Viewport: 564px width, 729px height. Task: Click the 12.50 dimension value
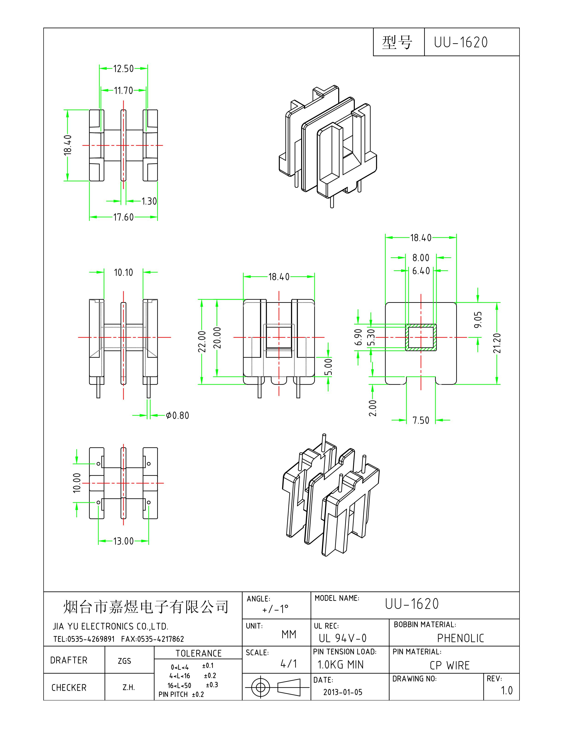coord(123,69)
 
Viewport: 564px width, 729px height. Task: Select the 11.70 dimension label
coord(123,90)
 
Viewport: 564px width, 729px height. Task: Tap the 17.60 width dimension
coord(123,217)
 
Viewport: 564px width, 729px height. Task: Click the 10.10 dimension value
coord(123,273)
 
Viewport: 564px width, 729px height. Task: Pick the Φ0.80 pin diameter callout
coord(178,416)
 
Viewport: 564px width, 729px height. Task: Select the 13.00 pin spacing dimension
coord(123,541)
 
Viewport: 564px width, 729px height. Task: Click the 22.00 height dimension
coord(202,341)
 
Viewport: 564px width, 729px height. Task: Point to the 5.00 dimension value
coord(329,367)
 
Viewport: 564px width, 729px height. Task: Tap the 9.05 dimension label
coord(478,319)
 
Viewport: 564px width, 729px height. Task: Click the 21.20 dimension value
coord(497,343)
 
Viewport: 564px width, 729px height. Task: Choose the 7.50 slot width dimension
coord(421,420)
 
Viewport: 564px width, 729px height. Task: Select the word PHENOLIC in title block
coord(460,638)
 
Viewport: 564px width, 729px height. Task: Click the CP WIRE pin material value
coord(449,665)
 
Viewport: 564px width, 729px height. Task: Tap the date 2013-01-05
coord(343,692)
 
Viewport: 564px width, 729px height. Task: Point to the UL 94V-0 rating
coord(342,638)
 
